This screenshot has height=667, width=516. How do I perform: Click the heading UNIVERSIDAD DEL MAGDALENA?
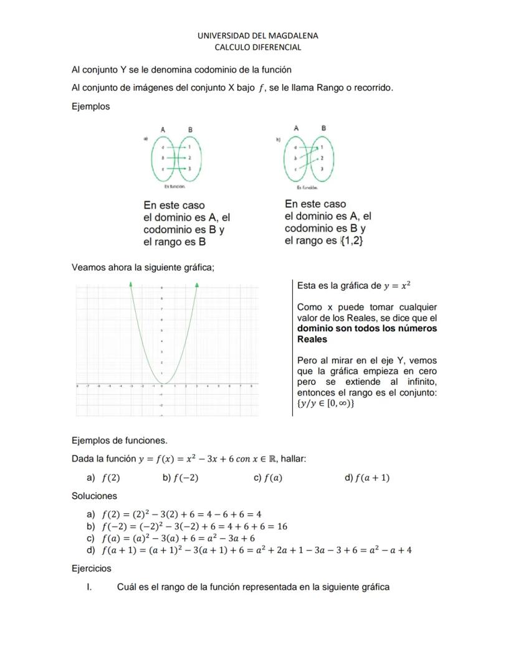(257, 35)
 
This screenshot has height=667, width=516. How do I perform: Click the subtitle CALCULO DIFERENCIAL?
(257, 47)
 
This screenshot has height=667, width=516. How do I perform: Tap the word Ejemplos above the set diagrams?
(91, 106)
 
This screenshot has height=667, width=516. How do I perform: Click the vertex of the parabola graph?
(162, 384)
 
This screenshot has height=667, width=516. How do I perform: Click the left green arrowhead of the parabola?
(131, 285)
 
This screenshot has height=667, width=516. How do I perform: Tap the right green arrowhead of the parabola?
(197, 285)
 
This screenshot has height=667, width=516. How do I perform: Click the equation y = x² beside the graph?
(397, 286)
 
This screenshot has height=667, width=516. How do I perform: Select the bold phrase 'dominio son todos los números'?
(367, 328)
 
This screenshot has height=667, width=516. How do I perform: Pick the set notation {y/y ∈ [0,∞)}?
(325, 404)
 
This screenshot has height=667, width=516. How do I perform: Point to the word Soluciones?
(94, 496)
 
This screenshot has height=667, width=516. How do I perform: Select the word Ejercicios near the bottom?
(92, 568)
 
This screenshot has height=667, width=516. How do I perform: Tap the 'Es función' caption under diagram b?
(307, 187)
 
